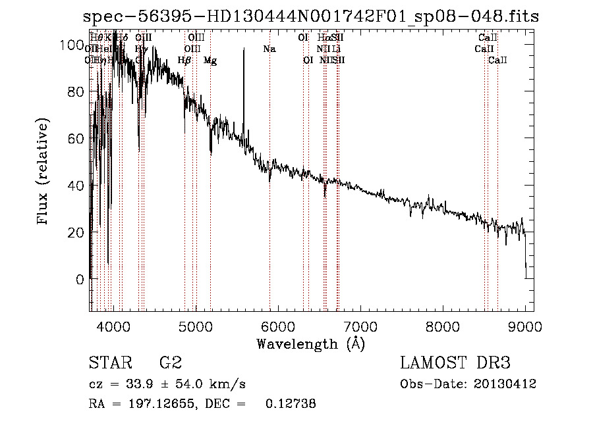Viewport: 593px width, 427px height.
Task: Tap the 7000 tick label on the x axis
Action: (x=360, y=324)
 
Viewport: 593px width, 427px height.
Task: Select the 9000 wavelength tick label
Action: (x=525, y=324)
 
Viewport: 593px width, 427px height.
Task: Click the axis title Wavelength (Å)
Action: (x=310, y=343)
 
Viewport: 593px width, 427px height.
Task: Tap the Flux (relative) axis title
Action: (x=44, y=172)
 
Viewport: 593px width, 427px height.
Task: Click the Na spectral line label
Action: (x=269, y=49)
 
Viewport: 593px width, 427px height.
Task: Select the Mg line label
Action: (x=210, y=61)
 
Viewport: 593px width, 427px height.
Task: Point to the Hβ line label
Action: (x=184, y=61)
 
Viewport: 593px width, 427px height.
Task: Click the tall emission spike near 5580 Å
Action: (x=244, y=59)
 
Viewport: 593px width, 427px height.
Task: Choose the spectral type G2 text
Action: (x=170, y=363)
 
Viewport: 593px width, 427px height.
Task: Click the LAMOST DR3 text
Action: (x=455, y=363)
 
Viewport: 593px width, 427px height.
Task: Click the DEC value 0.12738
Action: (x=290, y=404)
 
